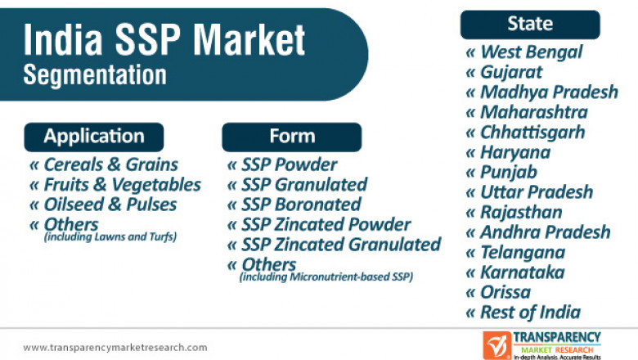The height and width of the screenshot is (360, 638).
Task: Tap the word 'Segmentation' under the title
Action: pyautogui.click(x=95, y=74)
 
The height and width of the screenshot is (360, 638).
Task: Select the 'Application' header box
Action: pyautogui.click(x=94, y=137)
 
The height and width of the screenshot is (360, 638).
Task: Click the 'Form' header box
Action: pyautogui.click(x=291, y=137)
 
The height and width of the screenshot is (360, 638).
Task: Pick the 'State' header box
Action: pyautogui.click(x=529, y=24)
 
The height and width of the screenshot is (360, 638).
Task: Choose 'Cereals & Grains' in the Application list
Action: pyautogui.click(x=110, y=164)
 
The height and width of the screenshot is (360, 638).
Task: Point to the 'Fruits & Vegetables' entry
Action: pyautogui.click(x=122, y=184)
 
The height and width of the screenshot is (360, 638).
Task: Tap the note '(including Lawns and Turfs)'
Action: pyautogui.click(x=110, y=237)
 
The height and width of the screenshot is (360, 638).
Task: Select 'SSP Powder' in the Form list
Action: pyautogui.click(x=289, y=164)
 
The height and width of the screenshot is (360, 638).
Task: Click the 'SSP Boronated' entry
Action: pyautogui.click(x=300, y=204)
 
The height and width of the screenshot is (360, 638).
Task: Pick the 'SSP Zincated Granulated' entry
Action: pyautogui.click(x=340, y=244)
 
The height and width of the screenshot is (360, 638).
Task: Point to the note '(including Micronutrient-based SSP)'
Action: pyautogui.click(x=326, y=277)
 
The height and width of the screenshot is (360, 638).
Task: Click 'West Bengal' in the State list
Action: pyautogui.click(x=531, y=52)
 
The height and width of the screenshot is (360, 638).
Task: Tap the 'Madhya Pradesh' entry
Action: pyautogui.click(x=549, y=92)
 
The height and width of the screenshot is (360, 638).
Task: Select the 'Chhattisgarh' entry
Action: pyautogui.click(x=532, y=132)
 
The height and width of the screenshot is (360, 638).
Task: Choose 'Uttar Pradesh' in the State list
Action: pyautogui.click(x=536, y=192)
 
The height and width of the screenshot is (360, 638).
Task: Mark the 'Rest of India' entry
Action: pyautogui.click(x=530, y=312)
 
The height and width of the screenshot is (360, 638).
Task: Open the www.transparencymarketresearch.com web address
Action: pyautogui.click(x=115, y=347)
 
